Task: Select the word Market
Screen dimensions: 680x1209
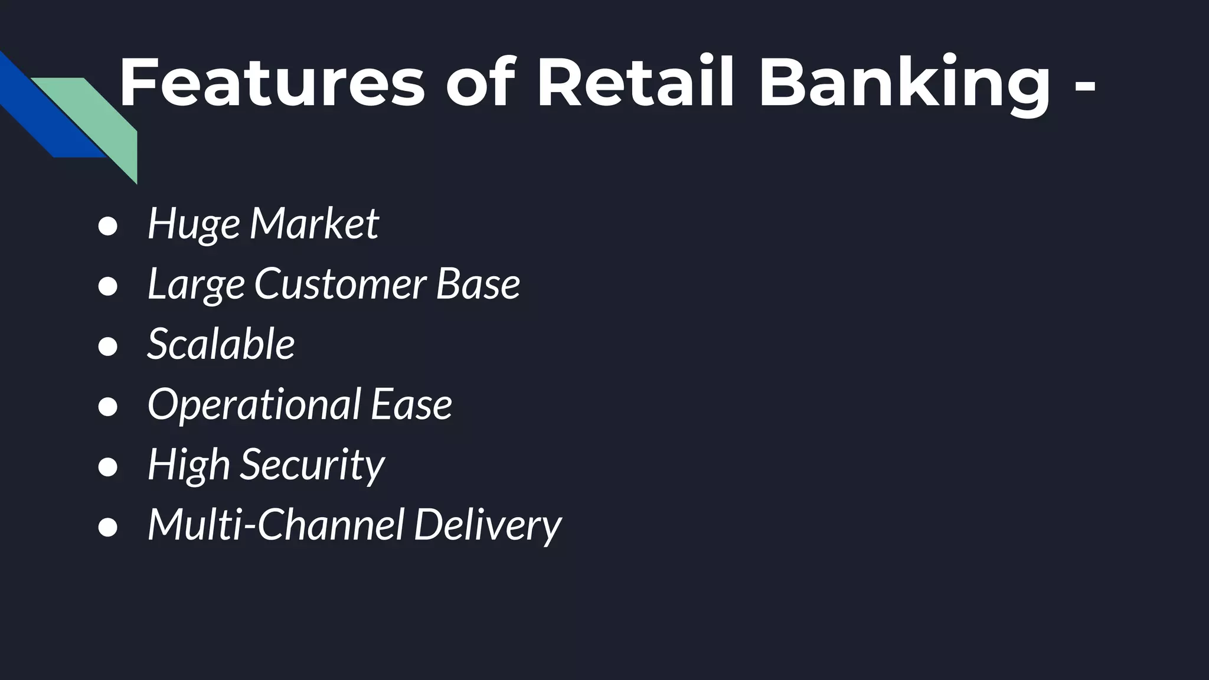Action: pyautogui.click(x=314, y=224)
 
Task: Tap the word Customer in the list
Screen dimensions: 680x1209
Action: pyautogui.click(x=340, y=285)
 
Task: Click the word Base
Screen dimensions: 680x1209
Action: pyautogui.click(x=478, y=285)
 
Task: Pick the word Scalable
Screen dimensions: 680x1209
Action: pyautogui.click(x=221, y=344)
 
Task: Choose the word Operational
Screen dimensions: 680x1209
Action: pyautogui.click(x=254, y=406)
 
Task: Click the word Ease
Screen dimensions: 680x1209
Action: pyautogui.click(x=411, y=406)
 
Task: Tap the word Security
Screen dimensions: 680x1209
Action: pyautogui.click(x=312, y=465)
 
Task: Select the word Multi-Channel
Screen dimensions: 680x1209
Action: pyautogui.click(x=276, y=525)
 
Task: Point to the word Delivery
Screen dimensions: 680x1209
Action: pyautogui.click(x=488, y=526)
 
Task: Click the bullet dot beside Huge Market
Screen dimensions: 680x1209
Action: pyautogui.click(x=108, y=227)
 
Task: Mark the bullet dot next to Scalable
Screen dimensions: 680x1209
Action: pyautogui.click(x=108, y=347)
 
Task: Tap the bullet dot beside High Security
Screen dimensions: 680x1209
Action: pyautogui.click(x=108, y=467)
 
